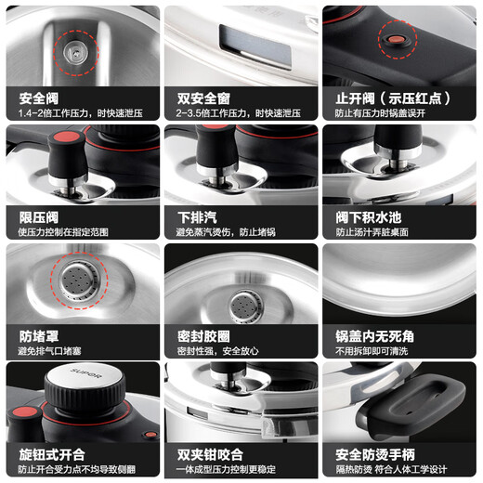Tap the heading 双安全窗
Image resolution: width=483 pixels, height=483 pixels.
click(202, 97)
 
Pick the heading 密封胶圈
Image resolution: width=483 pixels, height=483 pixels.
click(202, 335)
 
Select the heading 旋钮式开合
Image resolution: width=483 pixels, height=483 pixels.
click(51, 454)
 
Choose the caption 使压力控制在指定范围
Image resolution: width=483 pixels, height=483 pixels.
click(64, 232)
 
